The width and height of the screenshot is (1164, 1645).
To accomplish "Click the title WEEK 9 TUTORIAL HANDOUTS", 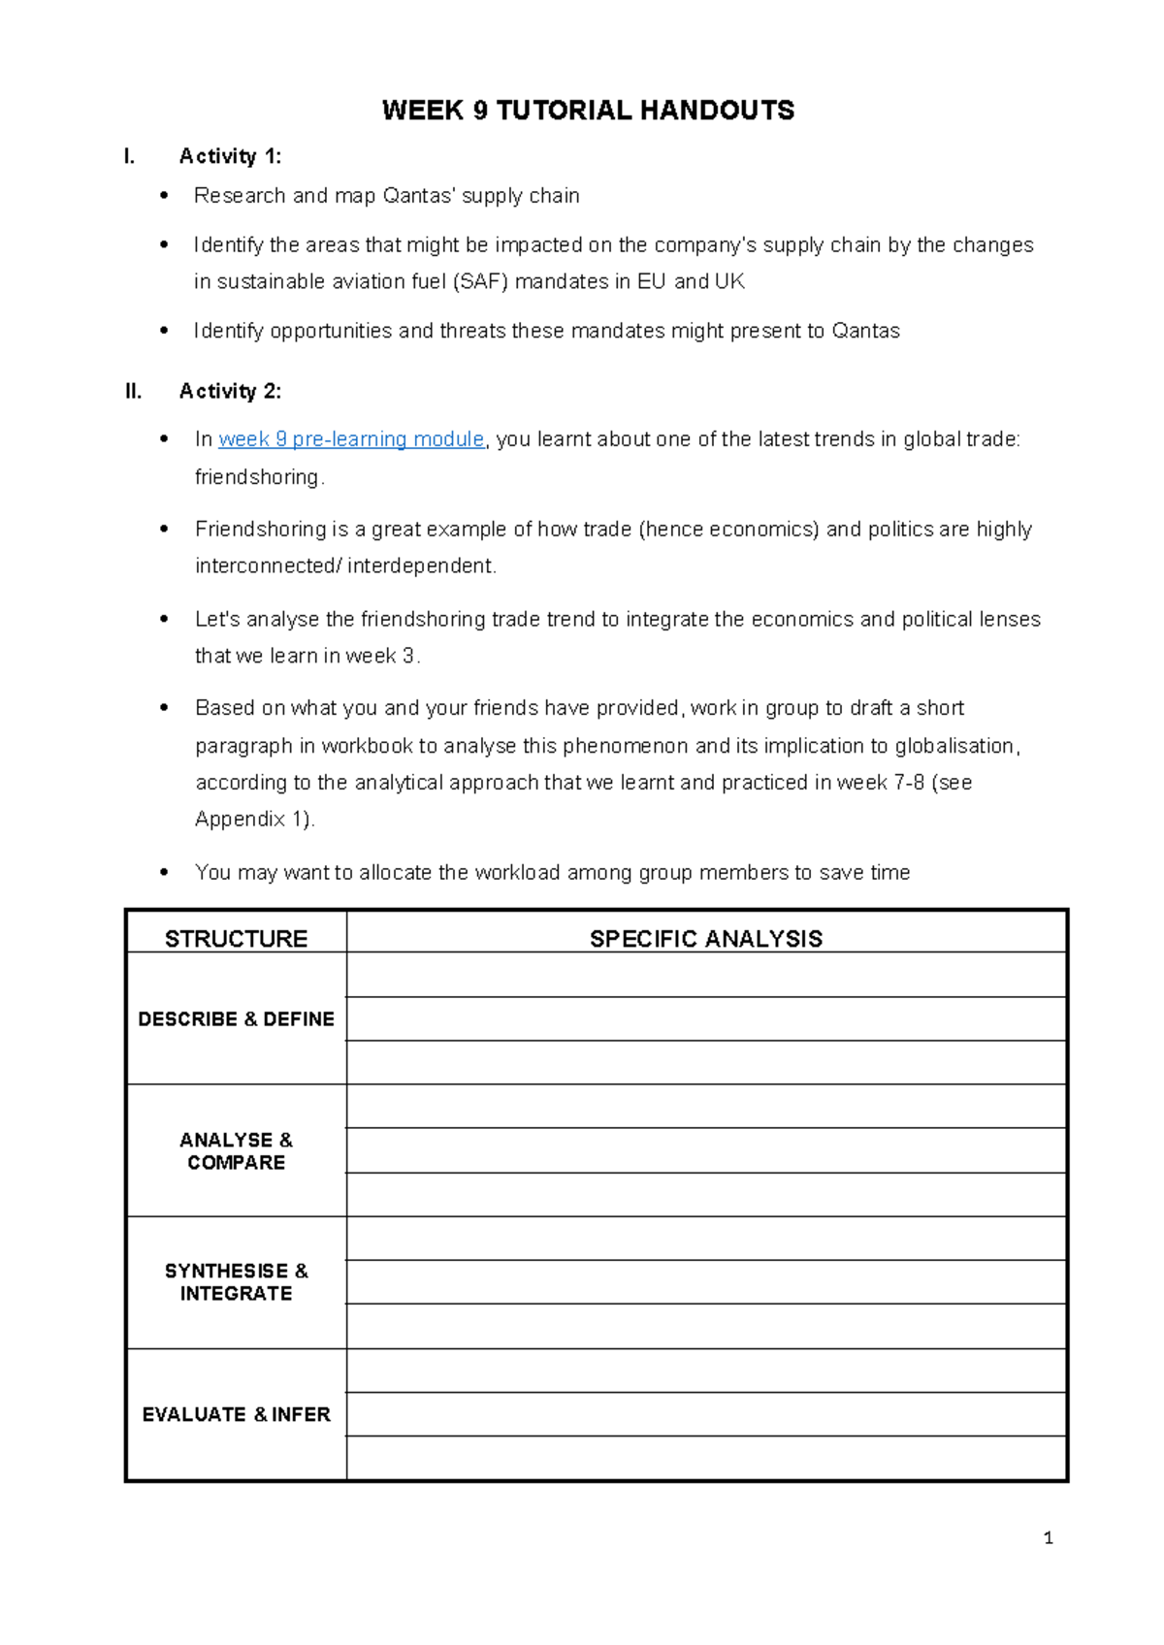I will [588, 111].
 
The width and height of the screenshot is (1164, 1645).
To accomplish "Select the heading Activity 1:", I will [230, 156].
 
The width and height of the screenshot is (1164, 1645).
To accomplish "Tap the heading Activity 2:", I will [230, 391].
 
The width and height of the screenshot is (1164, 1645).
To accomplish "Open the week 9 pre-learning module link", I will [351, 439].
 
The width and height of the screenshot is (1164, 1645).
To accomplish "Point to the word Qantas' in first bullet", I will [419, 196].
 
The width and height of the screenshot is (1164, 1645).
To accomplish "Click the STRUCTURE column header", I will [236, 938].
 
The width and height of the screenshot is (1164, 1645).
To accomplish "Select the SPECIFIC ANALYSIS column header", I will [705, 938].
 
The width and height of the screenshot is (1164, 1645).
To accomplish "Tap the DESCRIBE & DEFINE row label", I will [236, 1018].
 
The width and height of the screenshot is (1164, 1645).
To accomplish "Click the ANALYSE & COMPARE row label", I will [236, 1150].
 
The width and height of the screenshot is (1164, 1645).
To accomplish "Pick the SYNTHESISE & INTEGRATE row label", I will [236, 1281].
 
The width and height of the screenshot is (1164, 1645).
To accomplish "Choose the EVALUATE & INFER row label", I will [236, 1414].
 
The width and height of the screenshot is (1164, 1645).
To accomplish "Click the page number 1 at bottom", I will [1048, 1537].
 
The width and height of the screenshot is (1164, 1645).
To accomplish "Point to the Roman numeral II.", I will [134, 391].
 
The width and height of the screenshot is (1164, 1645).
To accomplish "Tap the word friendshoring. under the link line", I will [259, 477].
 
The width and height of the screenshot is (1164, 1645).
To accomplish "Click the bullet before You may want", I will [164, 873].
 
